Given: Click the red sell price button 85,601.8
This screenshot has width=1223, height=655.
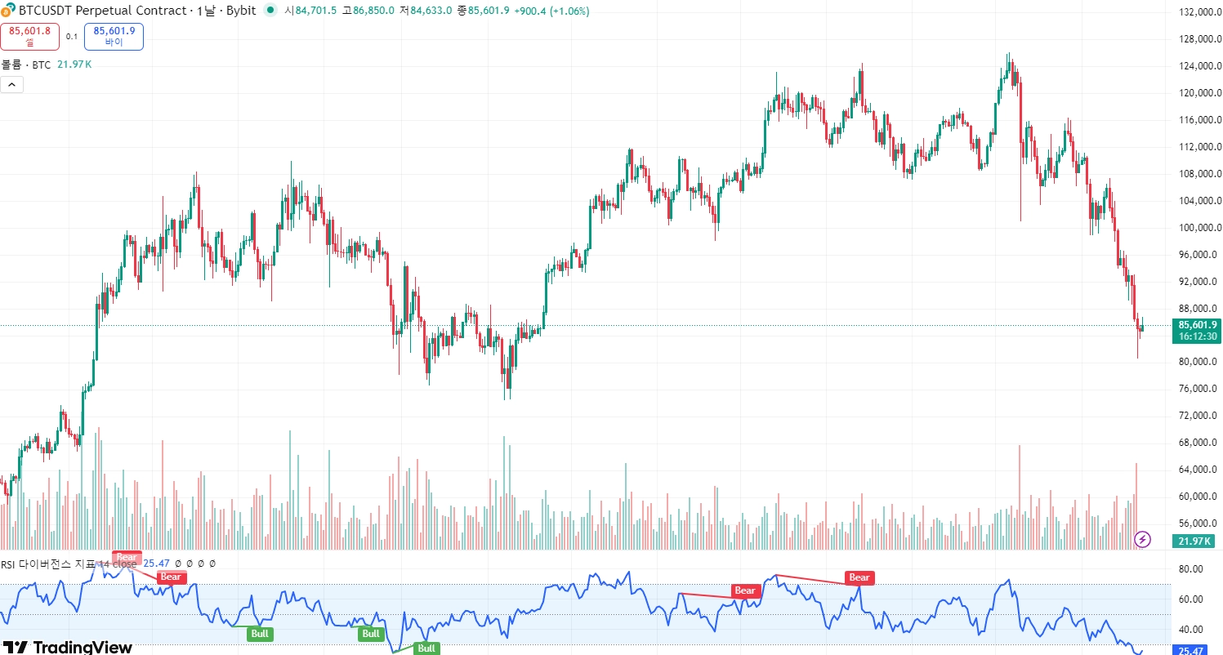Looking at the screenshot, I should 29,36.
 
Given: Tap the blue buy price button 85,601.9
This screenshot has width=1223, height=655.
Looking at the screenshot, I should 114,36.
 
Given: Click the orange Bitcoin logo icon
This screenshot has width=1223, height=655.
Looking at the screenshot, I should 8,11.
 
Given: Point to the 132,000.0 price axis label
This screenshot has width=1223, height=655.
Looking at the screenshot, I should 1198,12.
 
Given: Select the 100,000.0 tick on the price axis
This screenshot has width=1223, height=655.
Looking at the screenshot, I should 1198,228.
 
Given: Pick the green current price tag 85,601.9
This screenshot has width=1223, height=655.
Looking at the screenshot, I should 1198,330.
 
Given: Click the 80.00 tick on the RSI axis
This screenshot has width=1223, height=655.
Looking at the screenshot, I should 1191,569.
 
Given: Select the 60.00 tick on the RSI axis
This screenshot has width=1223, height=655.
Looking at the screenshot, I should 1191,599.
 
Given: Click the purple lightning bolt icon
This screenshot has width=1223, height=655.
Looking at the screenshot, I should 1143,539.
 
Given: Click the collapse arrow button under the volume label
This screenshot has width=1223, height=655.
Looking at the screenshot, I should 11,83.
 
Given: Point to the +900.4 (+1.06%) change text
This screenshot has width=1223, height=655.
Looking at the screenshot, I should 551,11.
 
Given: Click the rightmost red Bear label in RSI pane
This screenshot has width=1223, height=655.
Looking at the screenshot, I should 859,577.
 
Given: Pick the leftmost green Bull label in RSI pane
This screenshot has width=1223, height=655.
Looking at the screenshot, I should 261,634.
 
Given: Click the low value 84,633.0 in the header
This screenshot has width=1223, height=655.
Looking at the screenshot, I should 431,11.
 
